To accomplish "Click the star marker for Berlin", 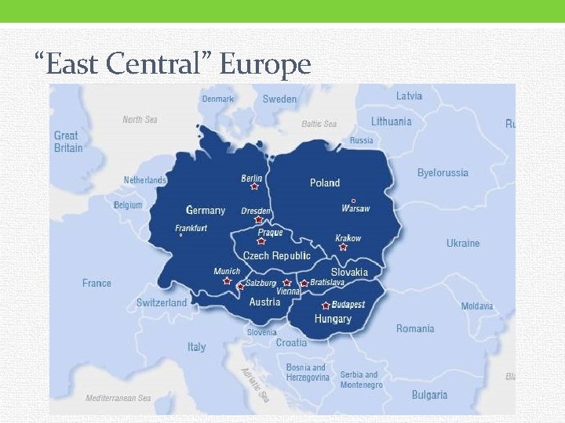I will pos(254,186).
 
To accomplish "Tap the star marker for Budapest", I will pos(326,305).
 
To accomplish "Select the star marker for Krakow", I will pos(343,247).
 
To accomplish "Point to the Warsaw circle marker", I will pos(353,201).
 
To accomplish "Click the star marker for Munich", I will pos(227,280).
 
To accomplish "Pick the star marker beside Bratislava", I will pos(304,283).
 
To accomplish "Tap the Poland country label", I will pos(325,183).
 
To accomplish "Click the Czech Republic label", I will pos(277,255).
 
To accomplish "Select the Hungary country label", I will pos(333,319).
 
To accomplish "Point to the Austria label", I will pos(264,302).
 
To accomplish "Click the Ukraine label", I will pos(463,243).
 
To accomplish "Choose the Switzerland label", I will pos(162,302).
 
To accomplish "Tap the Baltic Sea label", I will pos(319,124).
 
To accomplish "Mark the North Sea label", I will pos(140,120).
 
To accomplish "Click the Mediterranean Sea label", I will pos(118,398).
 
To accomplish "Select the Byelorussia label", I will pos(443,172).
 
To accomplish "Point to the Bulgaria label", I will pos(429,395).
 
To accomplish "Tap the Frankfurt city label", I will pos(191,228).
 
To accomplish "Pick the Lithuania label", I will pos(391,121).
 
